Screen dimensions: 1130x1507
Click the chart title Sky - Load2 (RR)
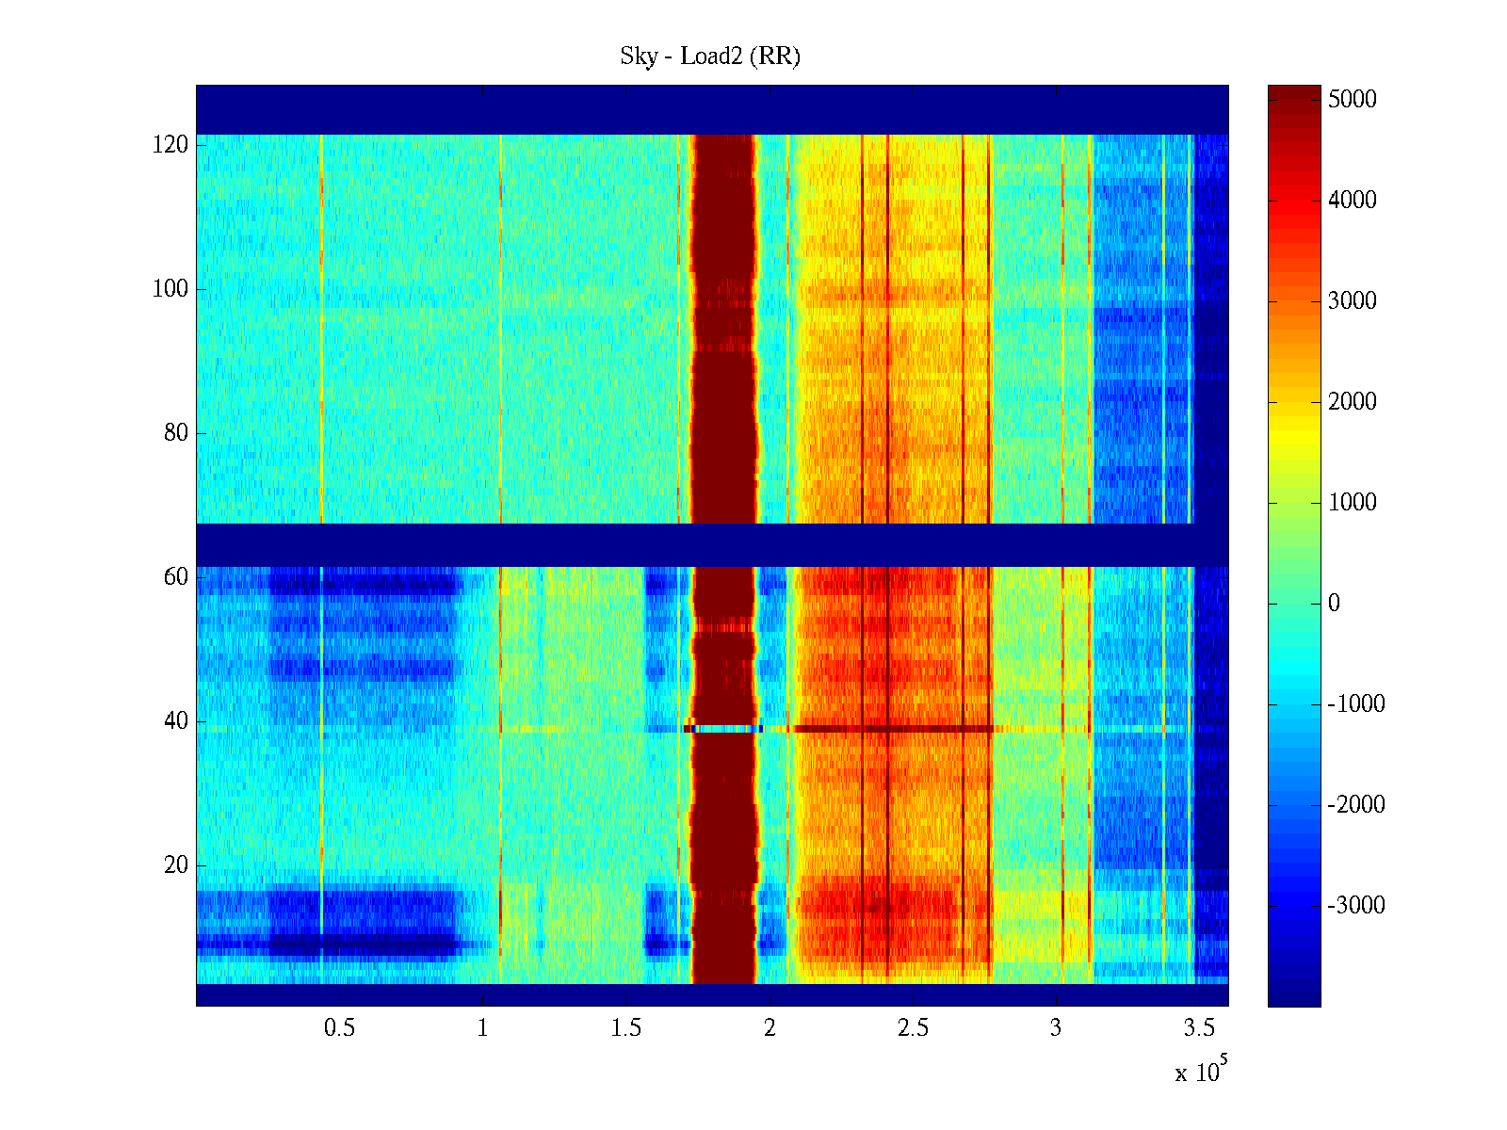[x=710, y=56]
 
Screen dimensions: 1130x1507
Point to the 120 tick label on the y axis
[x=170, y=145]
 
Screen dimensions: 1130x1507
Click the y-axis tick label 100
[x=170, y=289]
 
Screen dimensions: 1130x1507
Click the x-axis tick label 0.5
[x=339, y=1028]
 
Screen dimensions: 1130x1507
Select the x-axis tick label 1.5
[x=625, y=1028]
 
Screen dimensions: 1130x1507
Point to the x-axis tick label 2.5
[x=913, y=1028]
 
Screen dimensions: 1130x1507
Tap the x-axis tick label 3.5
[x=1199, y=1028]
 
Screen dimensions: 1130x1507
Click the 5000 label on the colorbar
[x=1352, y=100]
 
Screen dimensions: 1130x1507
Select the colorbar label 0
[x=1334, y=604]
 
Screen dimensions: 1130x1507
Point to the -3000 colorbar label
[x=1356, y=906]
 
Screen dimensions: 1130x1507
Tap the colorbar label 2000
[x=1352, y=402]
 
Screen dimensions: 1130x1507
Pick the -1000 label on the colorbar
[x=1356, y=704]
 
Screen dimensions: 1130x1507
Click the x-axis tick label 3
[x=1056, y=1028]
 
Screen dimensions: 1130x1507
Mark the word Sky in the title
[x=638, y=56]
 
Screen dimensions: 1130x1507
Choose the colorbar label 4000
[x=1352, y=201]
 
